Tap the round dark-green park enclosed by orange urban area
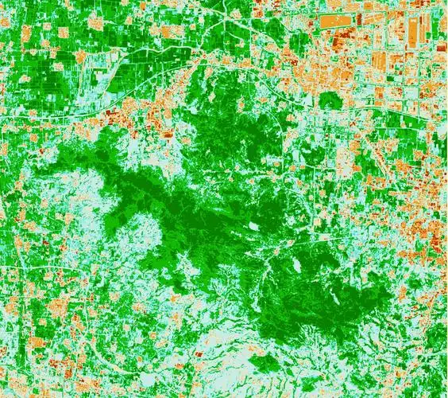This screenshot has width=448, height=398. pos(330,100)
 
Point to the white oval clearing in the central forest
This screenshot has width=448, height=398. pos(253,225)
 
